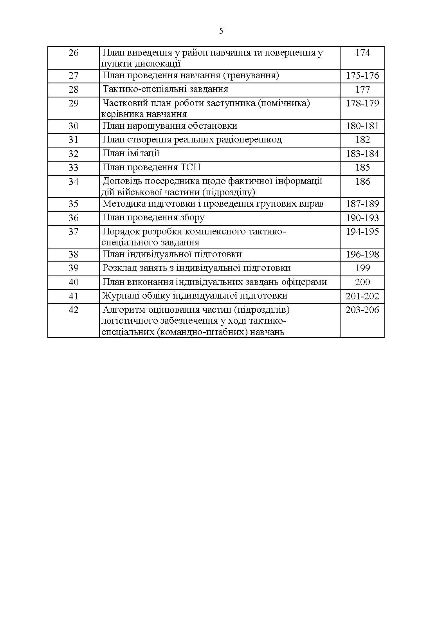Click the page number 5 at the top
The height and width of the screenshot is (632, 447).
point(221,31)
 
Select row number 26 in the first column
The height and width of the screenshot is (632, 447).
point(74,53)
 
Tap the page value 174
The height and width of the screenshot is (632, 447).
point(362,53)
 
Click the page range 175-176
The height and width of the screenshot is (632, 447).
point(362,76)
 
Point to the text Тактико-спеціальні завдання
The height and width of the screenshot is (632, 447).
point(165,89)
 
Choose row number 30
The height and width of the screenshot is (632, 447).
point(74,126)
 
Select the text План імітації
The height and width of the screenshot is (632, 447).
point(131,153)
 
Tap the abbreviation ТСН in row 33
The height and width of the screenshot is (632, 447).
point(191,167)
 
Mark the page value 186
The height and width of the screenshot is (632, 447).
point(362,182)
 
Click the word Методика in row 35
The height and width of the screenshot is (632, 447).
point(123,204)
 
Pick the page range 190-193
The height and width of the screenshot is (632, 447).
point(362,218)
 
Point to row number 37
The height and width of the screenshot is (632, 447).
point(74,232)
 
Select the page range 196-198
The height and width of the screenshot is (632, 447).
point(362,254)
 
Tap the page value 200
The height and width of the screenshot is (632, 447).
point(362,282)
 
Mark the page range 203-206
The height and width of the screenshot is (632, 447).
point(362,310)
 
